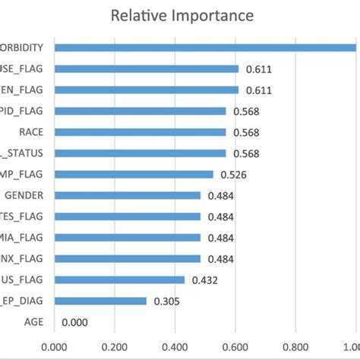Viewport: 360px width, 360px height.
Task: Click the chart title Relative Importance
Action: pos(182,15)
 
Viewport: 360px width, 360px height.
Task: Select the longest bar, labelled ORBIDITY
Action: pos(205,48)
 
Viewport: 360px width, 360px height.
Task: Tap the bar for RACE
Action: pos(140,132)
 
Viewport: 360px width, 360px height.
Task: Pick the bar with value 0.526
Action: pos(134,175)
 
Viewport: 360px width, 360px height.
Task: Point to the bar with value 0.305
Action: pos(100,302)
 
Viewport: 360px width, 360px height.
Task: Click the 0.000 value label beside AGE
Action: pos(74,322)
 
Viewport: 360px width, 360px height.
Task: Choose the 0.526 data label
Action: pos(234,175)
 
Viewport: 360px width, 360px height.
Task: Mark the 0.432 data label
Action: pos(205,280)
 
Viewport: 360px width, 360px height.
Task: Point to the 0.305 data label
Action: pos(166,302)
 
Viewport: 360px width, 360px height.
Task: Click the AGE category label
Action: pos(33,322)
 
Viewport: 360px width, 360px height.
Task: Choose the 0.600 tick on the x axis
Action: pos(237,348)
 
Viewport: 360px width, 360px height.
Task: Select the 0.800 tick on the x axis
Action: pos(298,348)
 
